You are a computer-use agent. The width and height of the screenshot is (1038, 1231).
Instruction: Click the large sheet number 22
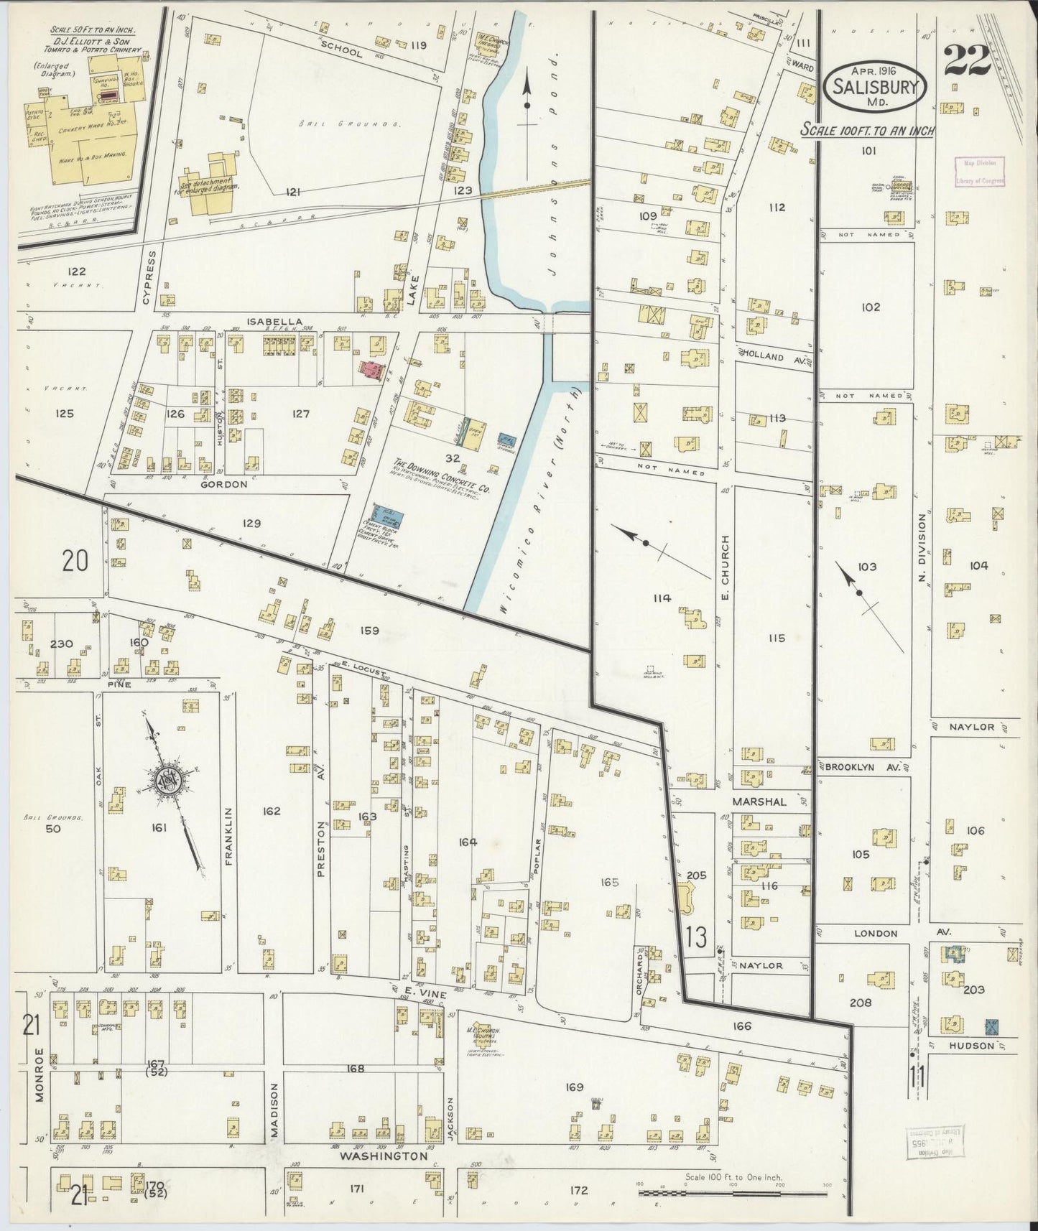tap(967, 60)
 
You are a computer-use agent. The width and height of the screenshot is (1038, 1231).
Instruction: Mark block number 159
tap(369, 631)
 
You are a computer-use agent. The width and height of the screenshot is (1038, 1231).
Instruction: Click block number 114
tap(661, 598)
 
